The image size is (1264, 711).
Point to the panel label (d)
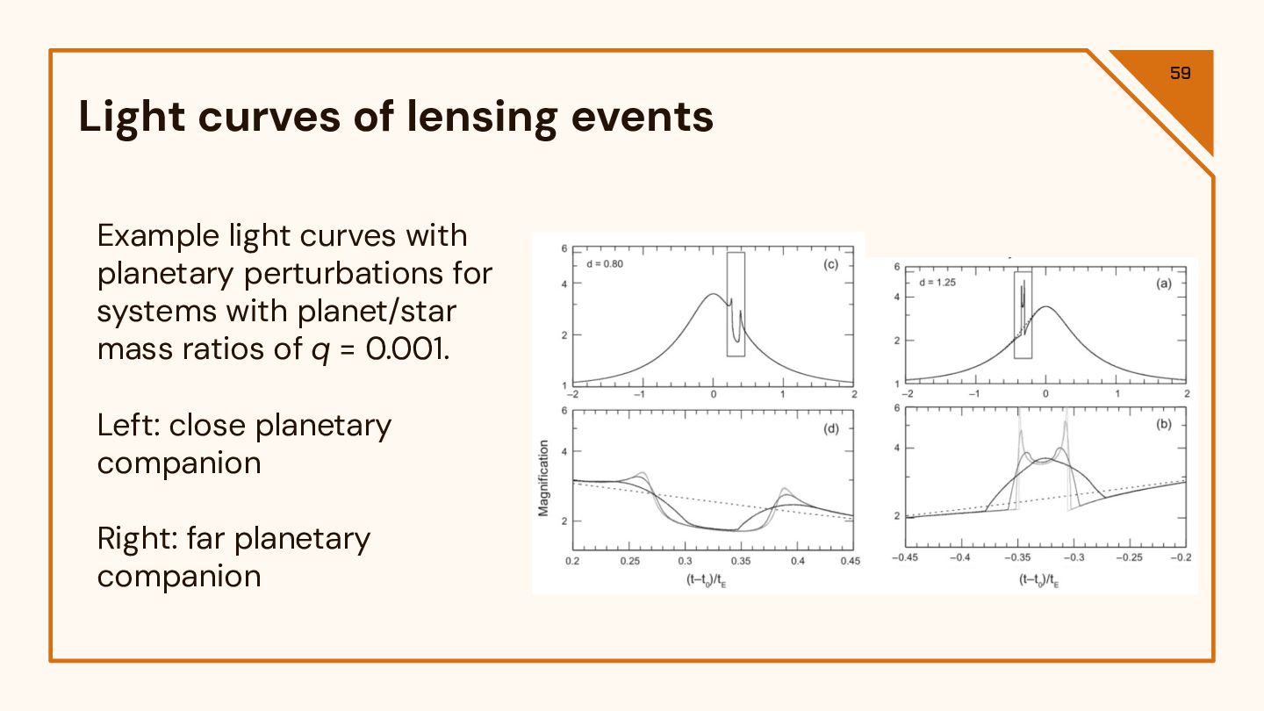tap(830, 429)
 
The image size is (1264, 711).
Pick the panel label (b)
tap(1164, 425)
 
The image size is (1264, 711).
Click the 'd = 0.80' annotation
tap(605, 264)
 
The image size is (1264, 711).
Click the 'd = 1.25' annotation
tap(937, 283)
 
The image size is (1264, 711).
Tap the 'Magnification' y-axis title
tap(543, 478)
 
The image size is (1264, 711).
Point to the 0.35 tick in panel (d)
tap(741, 560)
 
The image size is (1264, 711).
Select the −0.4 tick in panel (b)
tap(961, 557)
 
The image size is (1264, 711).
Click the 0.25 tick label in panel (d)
tap(628, 560)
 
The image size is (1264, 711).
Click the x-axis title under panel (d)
tap(706, 579)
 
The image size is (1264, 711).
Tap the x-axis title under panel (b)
tap(1039, 579)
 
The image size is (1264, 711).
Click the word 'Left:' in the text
tap(128, 426)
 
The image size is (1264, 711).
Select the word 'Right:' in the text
tap(137, 538)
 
